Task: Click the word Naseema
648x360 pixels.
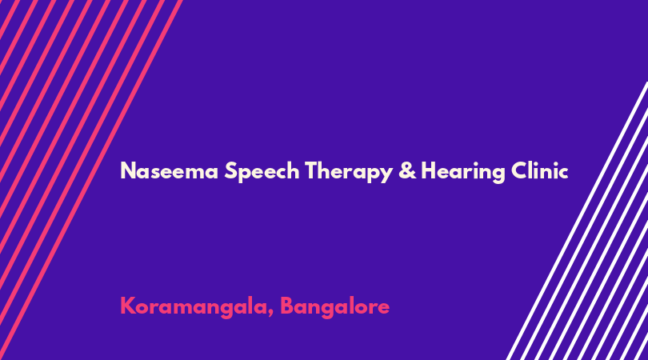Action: point(169,170)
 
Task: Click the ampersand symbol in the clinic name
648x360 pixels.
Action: point(407,170)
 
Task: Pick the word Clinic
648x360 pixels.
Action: point(539,170)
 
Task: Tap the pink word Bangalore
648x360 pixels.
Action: point(334,307)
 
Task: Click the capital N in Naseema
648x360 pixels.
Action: point(127,170)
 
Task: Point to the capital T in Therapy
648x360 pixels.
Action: point(312,170)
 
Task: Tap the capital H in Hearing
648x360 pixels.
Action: point(428,170)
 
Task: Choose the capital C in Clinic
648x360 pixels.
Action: point(519,170)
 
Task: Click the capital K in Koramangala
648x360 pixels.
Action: point(127,306)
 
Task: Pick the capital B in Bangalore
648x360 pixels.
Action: point(287,306)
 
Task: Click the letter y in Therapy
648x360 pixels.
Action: point(386,175)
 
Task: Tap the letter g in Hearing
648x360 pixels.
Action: point(498,175)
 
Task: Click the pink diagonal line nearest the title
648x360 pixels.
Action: point(91,180)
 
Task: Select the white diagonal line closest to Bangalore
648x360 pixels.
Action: point(577,221)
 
